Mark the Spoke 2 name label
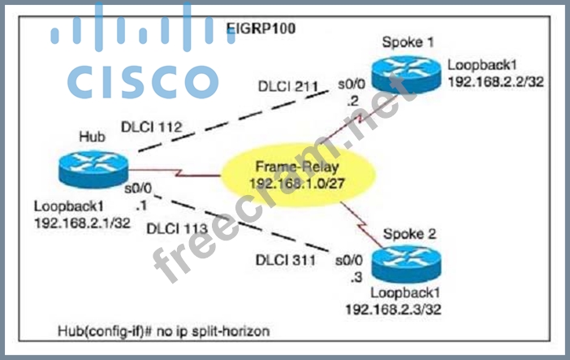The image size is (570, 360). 409,234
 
